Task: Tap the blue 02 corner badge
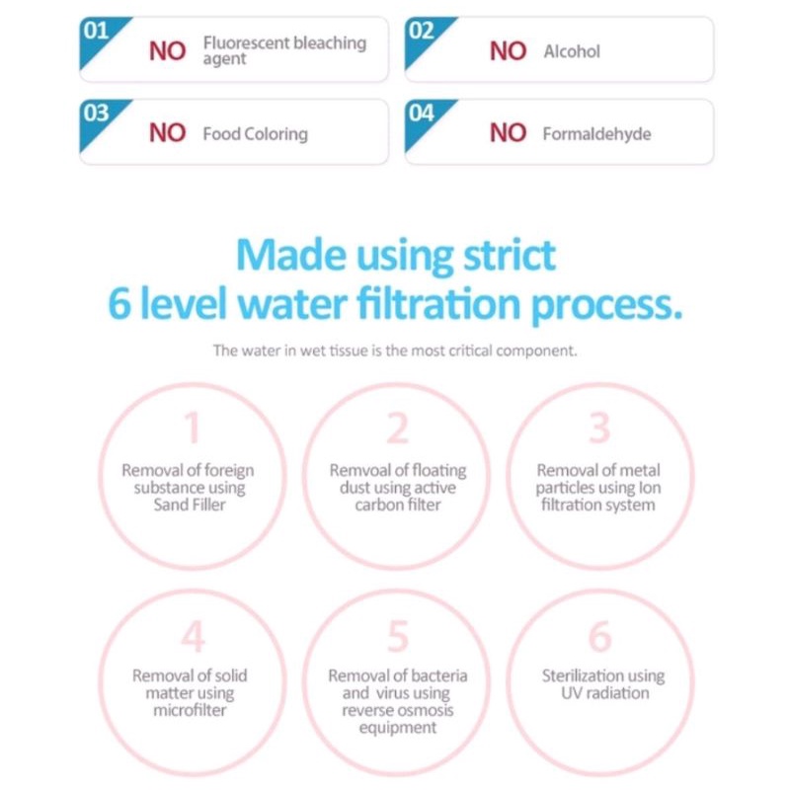click(425, 38)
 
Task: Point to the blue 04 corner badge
click(425, 119)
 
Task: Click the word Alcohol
click(572, 51)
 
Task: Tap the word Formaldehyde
click(597, 134)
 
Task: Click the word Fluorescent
click(246, 42)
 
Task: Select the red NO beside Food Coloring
click(168, 133)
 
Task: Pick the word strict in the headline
click(510, 256)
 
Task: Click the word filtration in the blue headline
click(438, 303)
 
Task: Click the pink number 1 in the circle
click(193, 428)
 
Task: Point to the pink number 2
click(398, 428)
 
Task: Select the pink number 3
click(599, 428)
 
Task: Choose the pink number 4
click(193, 636)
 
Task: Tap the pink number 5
click(398, 636)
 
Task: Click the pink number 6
click(600, 636)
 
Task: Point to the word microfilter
click(190, 710)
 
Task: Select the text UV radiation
click(605, 693)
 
